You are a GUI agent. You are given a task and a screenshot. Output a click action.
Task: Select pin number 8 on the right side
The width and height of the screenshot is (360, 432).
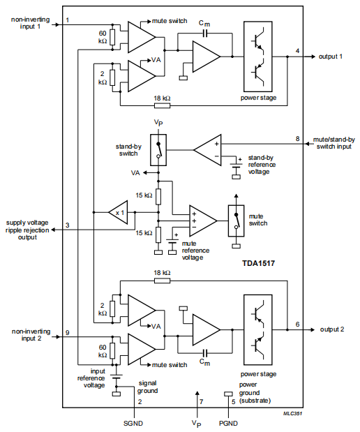tap(298, 139)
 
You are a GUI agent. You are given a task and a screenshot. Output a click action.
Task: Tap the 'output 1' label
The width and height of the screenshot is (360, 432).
tap(331, 57)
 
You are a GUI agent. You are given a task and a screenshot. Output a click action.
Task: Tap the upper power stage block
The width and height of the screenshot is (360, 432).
tap(262, 57)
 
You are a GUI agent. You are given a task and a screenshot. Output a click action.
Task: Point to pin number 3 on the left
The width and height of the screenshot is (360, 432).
tap(68, 225)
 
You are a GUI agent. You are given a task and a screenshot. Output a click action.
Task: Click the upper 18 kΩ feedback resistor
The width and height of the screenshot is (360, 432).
tap(161, 106)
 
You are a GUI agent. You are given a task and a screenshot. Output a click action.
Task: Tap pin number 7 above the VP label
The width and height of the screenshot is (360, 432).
tap(201, 402)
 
